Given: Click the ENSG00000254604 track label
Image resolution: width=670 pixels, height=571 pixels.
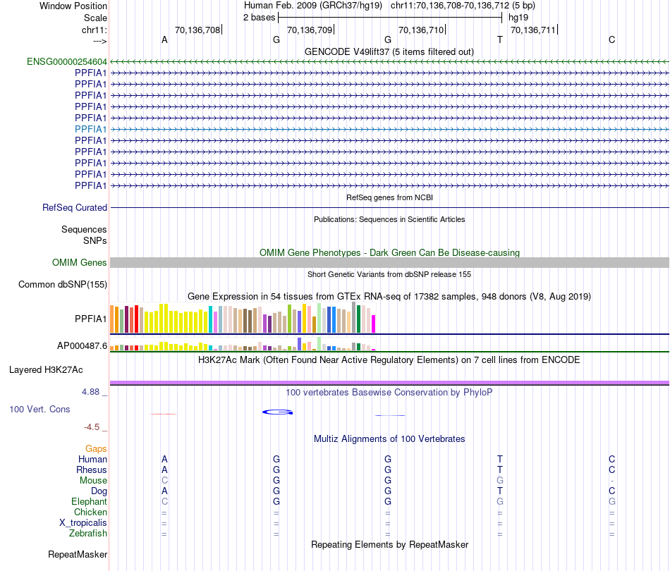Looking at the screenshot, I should (x=67, y=61).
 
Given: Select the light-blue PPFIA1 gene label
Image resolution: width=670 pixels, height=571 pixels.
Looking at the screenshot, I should (x=91, y=129).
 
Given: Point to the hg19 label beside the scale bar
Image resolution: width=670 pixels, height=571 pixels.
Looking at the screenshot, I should (x=518, y=18).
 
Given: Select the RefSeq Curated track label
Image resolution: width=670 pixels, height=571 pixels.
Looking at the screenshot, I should (x=75, y=208).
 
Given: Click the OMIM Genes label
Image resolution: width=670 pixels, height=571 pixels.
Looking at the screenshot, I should (x=80, y=262).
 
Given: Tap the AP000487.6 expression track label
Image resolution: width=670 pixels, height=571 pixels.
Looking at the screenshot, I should (x=82, y=346).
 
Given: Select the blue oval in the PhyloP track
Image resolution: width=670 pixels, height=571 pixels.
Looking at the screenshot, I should (x=277, y=412).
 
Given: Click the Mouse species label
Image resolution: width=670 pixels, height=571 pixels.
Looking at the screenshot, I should (x=94, y=480).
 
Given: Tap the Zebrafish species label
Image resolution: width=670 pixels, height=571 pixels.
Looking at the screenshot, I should (x=88, y=534).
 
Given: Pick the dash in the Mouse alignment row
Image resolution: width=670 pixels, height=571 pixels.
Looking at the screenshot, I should (x=612, y=480).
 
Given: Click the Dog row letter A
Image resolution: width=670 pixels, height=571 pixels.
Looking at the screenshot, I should (x=164, y=491).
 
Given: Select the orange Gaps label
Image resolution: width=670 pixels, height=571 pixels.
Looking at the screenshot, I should (x=96, y=448).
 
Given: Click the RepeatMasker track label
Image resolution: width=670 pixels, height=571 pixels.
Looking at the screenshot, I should (x=78, y=555).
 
